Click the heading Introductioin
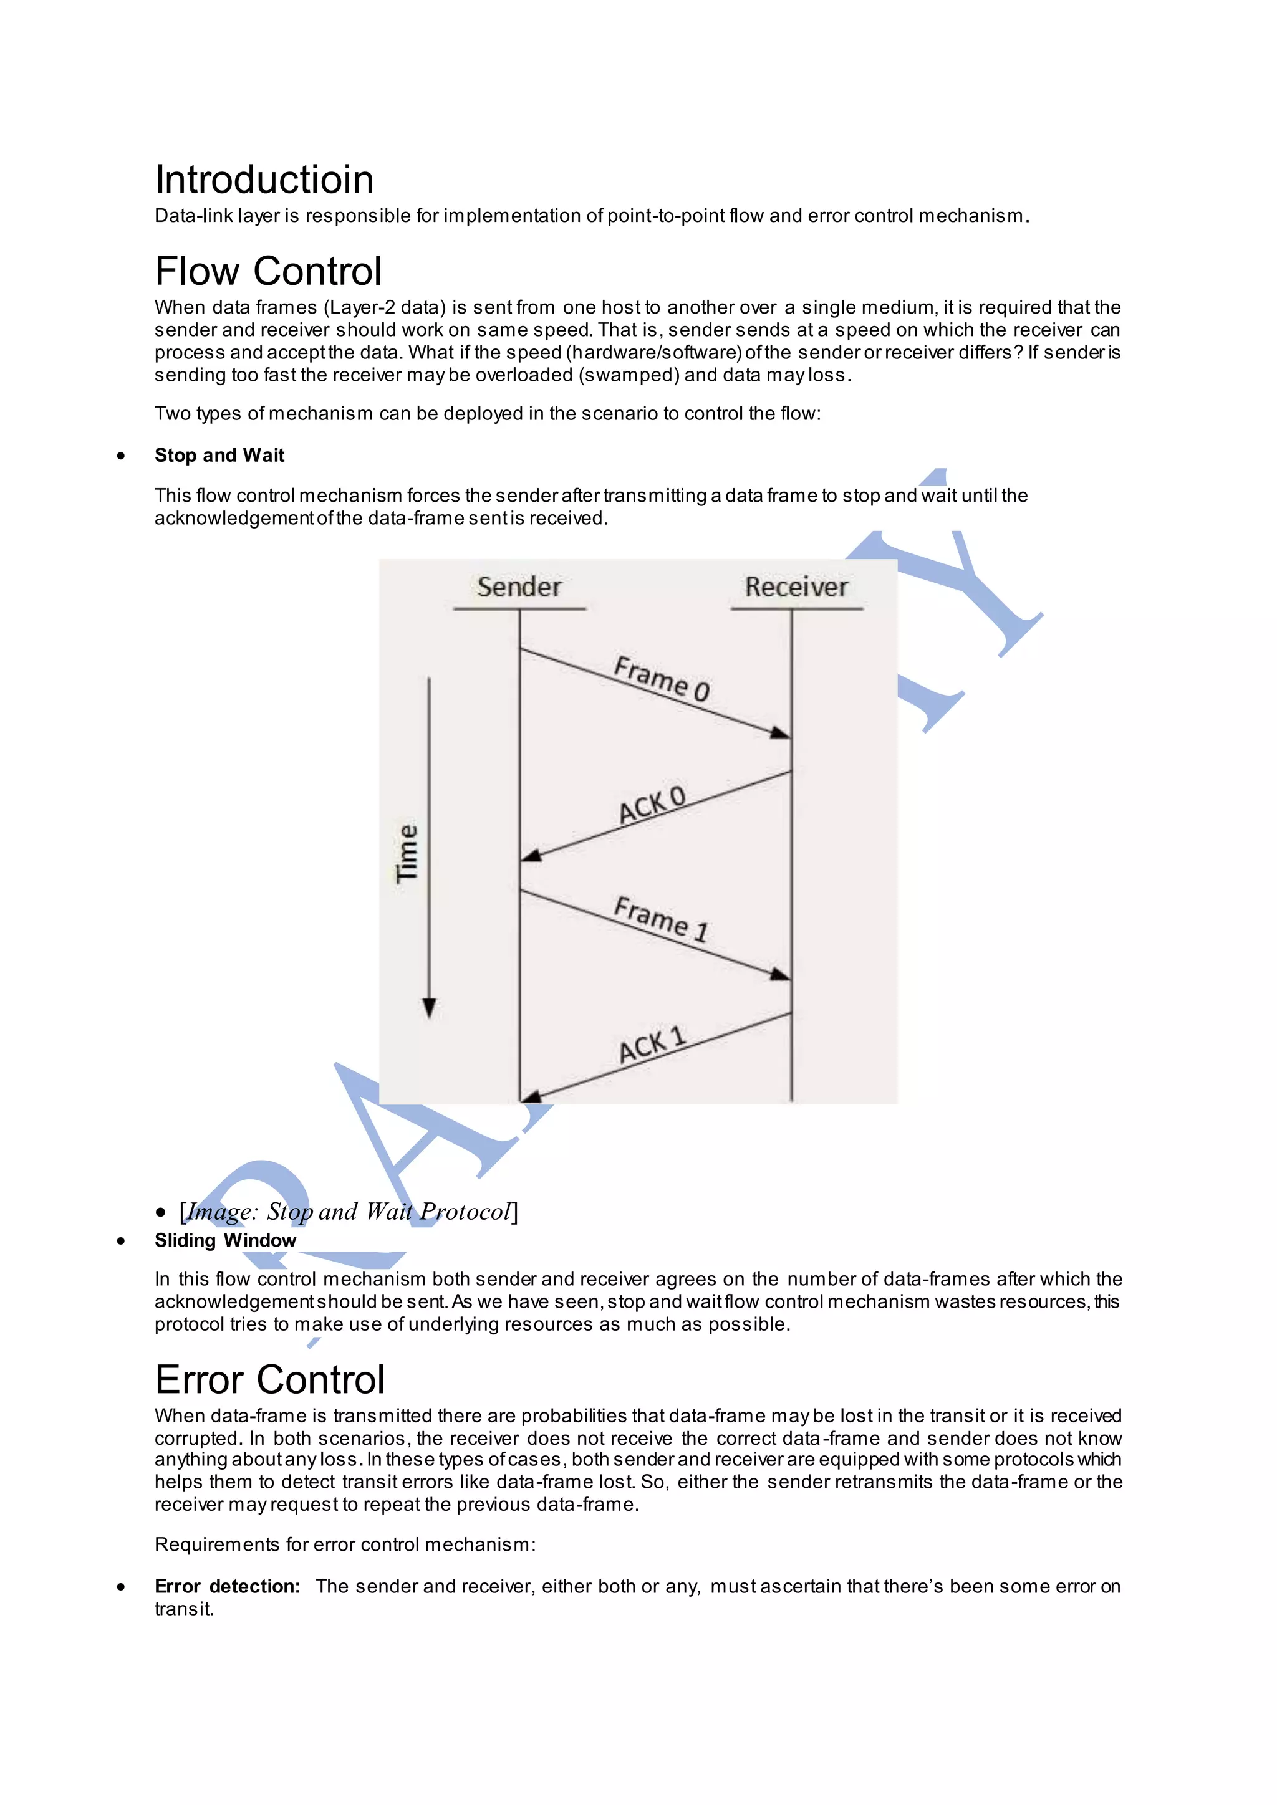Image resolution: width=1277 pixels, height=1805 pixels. point(264,180)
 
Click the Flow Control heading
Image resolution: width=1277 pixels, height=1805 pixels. point(268,272)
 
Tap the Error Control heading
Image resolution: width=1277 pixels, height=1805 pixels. point(270,1380)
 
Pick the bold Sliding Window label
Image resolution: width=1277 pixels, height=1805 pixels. point(225,1240)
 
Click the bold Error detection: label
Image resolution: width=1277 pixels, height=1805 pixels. point(227,1586)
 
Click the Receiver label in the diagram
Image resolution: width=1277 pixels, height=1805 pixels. point(796,587)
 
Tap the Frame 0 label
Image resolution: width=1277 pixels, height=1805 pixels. point(662,677)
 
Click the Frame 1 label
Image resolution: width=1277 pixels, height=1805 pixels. point(662,919)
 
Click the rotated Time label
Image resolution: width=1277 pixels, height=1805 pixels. point(407,853)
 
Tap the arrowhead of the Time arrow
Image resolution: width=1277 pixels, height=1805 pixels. point(430,1008)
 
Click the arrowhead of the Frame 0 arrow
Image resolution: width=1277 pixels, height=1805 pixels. point(780,734)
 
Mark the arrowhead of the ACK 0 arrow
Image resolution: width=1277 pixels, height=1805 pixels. point(531,855)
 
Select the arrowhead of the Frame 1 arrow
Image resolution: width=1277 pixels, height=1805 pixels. point(780,975)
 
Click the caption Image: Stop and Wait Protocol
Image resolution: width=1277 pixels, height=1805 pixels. point(349,1212)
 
